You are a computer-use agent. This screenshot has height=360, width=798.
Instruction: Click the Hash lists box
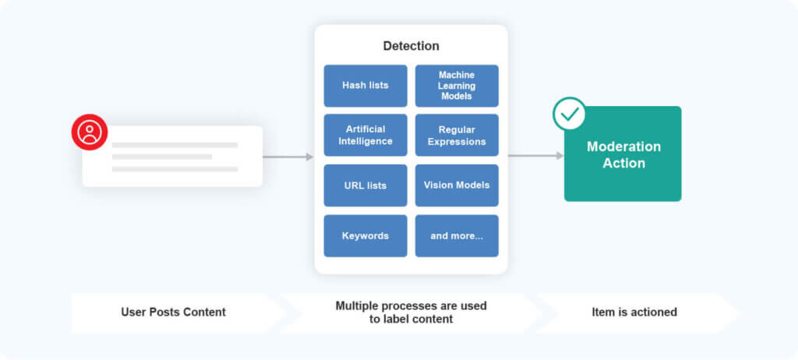pyautogui.click(x=365, y=86)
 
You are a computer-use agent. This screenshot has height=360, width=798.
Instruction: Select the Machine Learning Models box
pyautogui.click(x=457, y=86)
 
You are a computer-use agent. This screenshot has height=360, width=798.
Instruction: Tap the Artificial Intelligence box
pyautogui.click(x=365, y=136)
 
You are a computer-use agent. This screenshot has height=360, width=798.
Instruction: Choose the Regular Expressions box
pyautogui.click(x=457, y=136)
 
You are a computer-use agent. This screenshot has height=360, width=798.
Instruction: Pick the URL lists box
pyautogui.click(x=365, y=185)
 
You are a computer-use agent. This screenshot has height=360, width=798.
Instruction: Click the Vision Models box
pyautogui.click(x=457, y=185)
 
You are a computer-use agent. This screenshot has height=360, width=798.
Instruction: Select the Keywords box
pyautogui.click(x=365, y=235)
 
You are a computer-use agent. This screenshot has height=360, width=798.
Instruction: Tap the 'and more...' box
pyautogui.click(x=457, y=235)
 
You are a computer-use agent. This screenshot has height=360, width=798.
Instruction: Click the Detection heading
pyautogui.click(x=411, y=46)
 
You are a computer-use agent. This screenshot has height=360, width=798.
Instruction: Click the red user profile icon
pyautogui.click(x=90, y=132)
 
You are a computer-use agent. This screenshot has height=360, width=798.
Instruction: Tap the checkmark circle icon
pyautogui.click(x=570, y=114)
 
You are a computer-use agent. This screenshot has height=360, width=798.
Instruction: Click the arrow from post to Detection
pyautogui.click(x=288, y=157)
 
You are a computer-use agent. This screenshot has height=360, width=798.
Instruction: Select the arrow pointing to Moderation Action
pyautogui.click(x=535, y=156)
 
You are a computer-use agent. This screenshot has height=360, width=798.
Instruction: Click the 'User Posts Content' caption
pyautogui.click(x=173, y=312)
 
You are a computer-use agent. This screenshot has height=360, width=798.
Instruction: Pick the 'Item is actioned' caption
pyautogui.click(x=634, y=312)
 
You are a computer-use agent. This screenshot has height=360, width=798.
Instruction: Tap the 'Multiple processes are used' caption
pyautogui.click(x=411, y=306)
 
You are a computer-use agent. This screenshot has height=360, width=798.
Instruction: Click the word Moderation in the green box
pyautogui.click(x=623, y=146)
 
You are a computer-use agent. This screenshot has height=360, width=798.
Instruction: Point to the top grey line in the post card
pyautogui.click(x=175, y=145)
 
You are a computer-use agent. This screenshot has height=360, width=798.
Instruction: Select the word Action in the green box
pyautogui.click(x=623, y=164)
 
